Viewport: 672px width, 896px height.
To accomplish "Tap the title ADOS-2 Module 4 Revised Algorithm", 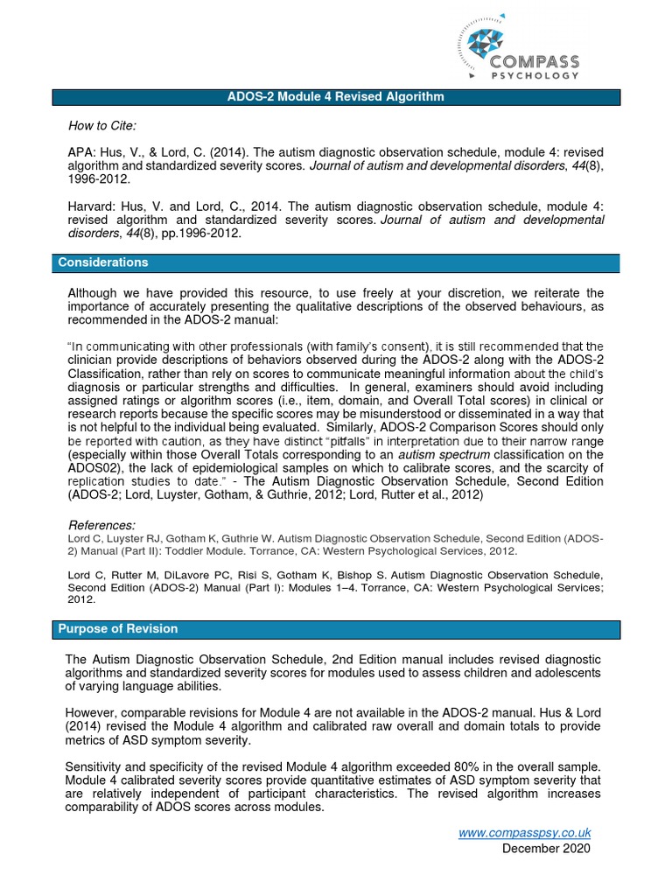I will (x=336, y=97).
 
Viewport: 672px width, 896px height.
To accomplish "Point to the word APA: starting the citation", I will (x=80, y=150).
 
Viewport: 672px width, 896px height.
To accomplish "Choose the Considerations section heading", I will (x=103, y=262).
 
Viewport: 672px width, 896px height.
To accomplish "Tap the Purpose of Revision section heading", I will (x=117, y=629).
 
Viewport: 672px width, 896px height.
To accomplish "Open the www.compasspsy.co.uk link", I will (x=525, y=833).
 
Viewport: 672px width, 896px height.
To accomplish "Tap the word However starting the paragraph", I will (x=93, y=711).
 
